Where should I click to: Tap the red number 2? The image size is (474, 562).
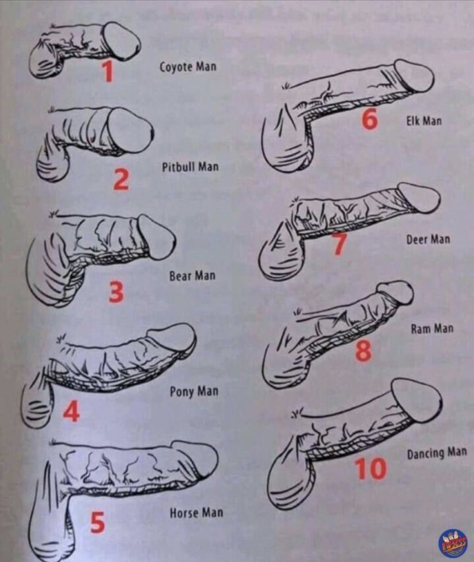click(121, 180)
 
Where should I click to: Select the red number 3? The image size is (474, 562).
click(116, 292)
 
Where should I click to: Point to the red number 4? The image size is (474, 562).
click(72, 411)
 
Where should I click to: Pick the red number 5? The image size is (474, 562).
click(98, 522)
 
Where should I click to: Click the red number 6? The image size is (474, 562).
click(369, 119)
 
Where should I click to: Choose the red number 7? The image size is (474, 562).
click(339, 244)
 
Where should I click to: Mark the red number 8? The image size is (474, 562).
click(363, 350)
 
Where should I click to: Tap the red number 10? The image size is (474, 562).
click(371, 469)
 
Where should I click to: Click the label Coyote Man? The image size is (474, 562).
click(188, 66)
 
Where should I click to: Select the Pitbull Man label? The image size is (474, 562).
click(190, 167)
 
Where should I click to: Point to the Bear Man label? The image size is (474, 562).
click(192, 276)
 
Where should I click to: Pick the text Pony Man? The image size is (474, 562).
click(194, 391)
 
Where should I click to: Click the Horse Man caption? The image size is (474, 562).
click(196, 513)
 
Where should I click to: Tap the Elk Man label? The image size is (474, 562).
click(424, 120)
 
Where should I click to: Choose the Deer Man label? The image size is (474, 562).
click(428, 239)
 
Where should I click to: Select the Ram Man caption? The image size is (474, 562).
click(432, 328)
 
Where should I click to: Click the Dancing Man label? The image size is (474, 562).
click(437, 453)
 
